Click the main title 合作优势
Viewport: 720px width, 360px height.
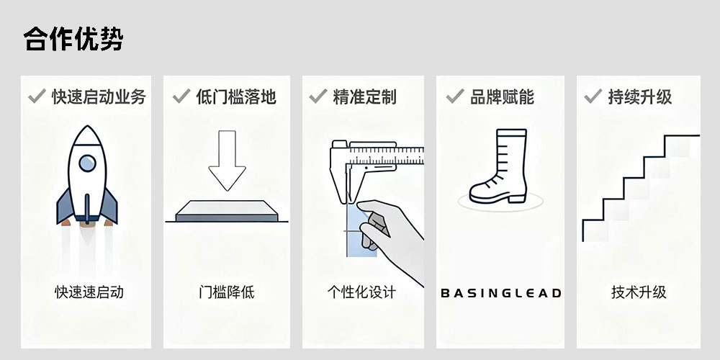point(73,39)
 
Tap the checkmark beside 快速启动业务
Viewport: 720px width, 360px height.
point(37,96)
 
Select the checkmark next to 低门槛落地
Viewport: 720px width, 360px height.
point(181,96)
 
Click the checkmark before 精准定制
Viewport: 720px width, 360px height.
point(318,96)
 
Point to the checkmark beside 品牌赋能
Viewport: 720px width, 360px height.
point(454,96)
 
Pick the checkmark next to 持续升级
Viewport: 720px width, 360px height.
point(593,96)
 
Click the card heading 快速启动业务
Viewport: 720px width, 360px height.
point(99,96)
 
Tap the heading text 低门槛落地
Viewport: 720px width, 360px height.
point(236,96)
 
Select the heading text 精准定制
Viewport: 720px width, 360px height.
point(364,96)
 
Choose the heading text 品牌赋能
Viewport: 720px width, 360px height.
point(502,96)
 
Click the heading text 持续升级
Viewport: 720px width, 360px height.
point(640,96)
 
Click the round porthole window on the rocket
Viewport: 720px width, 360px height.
point(86,163)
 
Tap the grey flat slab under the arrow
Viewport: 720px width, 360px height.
point(227,210)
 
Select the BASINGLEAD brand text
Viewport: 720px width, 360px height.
point(500,293)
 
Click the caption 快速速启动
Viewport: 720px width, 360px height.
point(89,292)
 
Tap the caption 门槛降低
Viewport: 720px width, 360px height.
point(227,292)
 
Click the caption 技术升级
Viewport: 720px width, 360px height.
point(639,292)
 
